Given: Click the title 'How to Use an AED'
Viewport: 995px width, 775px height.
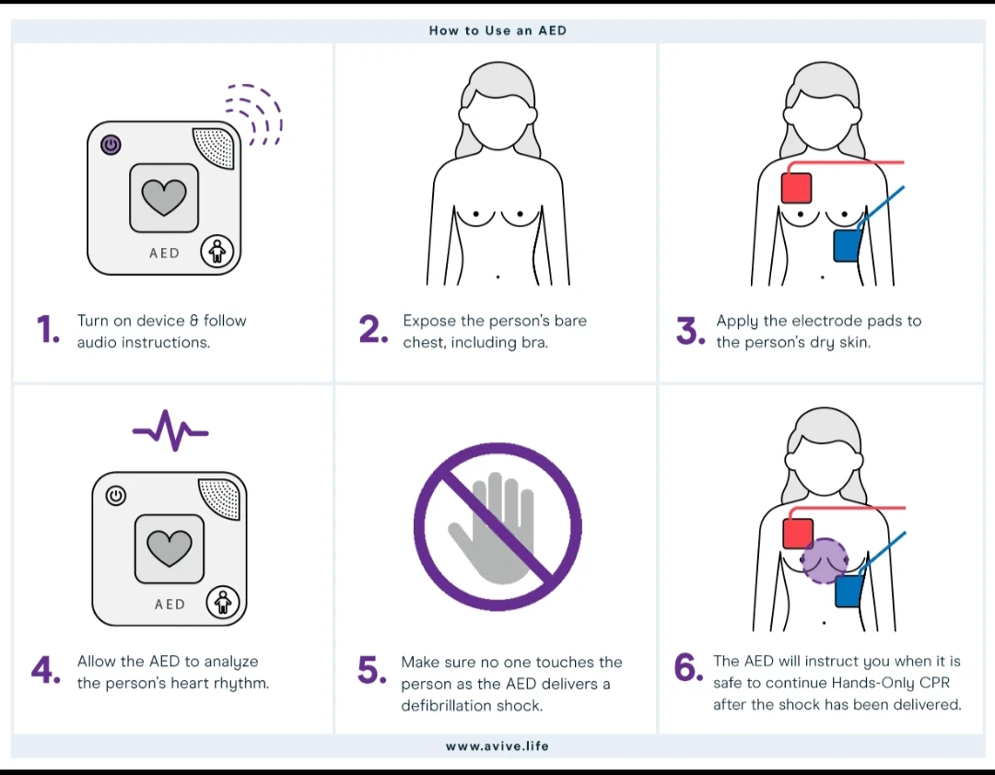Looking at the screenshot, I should point(497,30).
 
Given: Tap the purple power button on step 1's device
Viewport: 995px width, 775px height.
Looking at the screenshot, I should point(111,145).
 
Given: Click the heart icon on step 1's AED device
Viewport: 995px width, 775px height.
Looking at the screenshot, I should point(164,196).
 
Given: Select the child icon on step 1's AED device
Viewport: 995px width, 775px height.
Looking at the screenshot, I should point(217,250).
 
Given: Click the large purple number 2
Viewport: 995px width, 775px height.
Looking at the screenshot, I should point(372,331).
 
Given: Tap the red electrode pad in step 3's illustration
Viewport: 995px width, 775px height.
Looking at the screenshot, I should point(796,188).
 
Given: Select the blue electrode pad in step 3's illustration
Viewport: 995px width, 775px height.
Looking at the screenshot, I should point(847,246).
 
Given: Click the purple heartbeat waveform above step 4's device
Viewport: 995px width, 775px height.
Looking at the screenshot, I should point(170,429).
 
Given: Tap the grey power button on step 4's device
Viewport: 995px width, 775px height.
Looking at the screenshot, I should point(115,496).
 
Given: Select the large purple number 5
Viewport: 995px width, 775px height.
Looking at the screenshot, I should point(371,672).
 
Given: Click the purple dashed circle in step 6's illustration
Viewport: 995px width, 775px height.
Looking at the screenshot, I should point(823,561).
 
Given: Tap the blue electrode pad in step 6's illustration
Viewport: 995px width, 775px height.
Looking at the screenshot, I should point(848,591).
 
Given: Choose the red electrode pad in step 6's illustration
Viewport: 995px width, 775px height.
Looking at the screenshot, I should point(798,534).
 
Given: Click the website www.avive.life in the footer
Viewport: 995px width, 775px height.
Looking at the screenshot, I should point(497,746).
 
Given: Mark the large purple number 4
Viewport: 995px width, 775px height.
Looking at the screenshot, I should point(45,672).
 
